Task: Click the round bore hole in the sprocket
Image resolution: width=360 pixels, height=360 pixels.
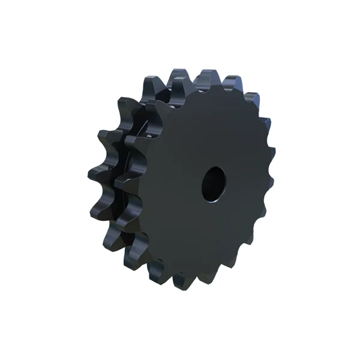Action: (213, 183)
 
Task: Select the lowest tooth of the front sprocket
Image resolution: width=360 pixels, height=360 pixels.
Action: (180, 277)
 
